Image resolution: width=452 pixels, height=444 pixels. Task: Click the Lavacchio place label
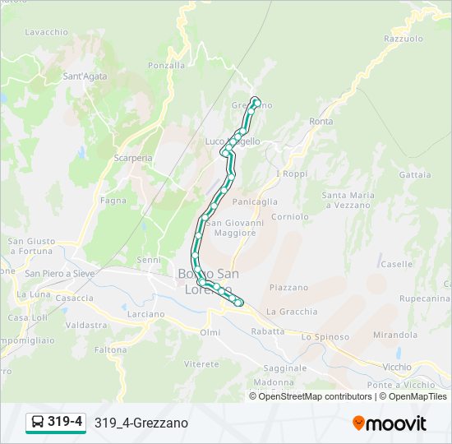coord(47,32)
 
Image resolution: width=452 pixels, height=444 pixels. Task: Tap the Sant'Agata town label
coord(84,76)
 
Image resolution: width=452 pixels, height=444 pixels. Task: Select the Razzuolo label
coord(403,39)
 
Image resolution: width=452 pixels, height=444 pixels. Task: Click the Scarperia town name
coord(133,158)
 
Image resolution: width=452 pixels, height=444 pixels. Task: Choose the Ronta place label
coord(321,122)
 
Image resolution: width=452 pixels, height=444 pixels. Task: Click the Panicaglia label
coord(255,201)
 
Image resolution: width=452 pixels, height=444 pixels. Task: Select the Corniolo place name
coord(290,217)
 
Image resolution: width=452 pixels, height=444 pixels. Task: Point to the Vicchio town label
coord(397,367)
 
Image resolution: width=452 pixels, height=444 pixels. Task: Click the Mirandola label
coord(394,335)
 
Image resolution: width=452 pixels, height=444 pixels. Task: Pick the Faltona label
coord(109,349)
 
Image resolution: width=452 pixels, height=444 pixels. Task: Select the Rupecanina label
coord(425,298)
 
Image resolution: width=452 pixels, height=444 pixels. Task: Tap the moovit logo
coord(390,423)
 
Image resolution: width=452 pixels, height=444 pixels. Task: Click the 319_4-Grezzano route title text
coord(141,423)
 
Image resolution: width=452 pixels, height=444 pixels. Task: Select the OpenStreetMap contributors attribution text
coord(315,396)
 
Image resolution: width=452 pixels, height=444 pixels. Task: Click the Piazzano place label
coord(288,288)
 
